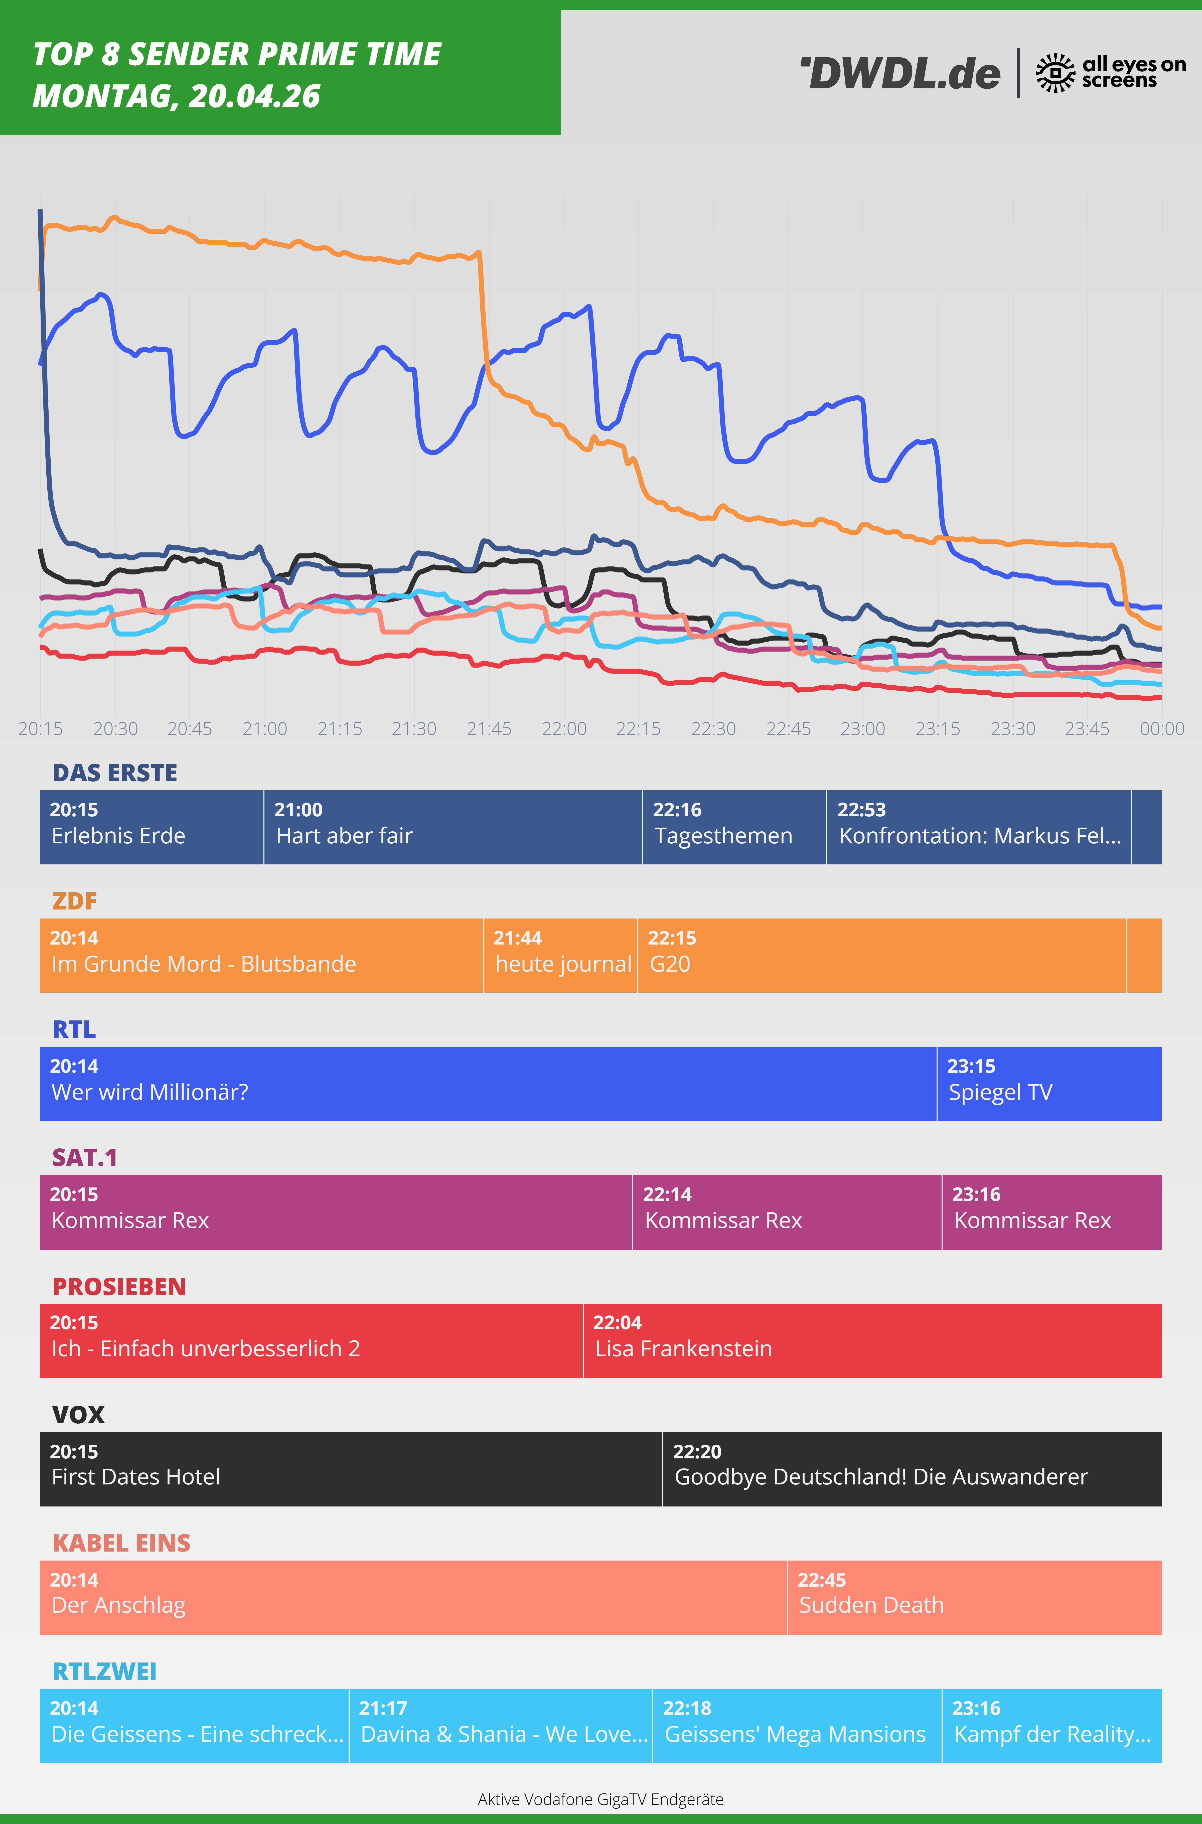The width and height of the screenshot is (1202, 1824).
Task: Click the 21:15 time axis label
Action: coord(340,729)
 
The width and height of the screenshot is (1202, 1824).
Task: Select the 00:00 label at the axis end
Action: coord(1161,729)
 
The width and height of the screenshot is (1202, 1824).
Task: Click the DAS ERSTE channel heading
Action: coord(115,773)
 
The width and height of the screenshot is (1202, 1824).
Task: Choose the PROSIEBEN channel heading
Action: coord(119,1286)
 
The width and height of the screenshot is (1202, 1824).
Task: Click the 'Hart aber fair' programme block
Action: coord(452,827)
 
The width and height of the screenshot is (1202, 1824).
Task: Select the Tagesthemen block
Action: coord(734,827)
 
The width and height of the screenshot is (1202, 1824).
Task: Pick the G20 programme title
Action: coord(670,964)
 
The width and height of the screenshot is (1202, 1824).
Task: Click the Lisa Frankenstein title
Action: coord(684,1349)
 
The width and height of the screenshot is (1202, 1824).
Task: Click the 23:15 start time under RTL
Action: coord(971,1066)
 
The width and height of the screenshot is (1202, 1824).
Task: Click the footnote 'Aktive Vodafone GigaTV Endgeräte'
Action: coord(600,1799)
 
